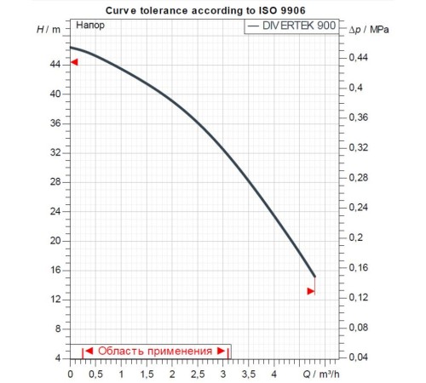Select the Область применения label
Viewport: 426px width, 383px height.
(154, 351)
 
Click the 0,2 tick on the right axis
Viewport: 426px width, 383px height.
(357, 237)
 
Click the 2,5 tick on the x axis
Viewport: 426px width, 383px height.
(198, 373)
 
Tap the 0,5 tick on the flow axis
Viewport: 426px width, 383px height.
(95, 373)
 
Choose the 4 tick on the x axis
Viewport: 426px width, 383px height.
(274, 373)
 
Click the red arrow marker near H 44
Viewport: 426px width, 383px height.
(74, 61)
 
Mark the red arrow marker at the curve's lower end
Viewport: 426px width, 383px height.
(311, 291)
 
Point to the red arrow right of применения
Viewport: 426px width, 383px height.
(221, 351)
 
